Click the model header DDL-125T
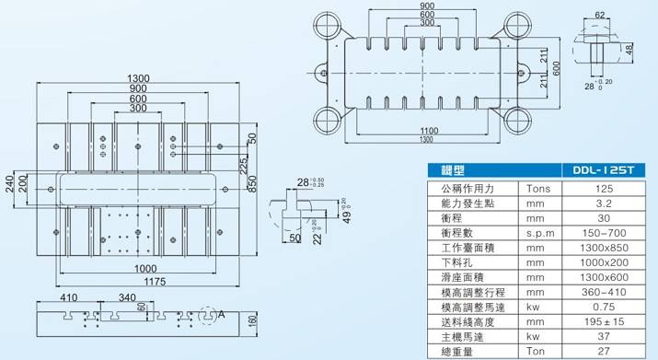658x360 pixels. [605, 171]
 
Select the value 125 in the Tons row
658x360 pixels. [605, 188]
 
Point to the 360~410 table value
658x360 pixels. [605, 293]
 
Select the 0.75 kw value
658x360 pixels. [605, 308]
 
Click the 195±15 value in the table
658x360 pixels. [605, 323]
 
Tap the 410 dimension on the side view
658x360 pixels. [68, 298]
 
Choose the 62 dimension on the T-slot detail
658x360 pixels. [599, 15]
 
